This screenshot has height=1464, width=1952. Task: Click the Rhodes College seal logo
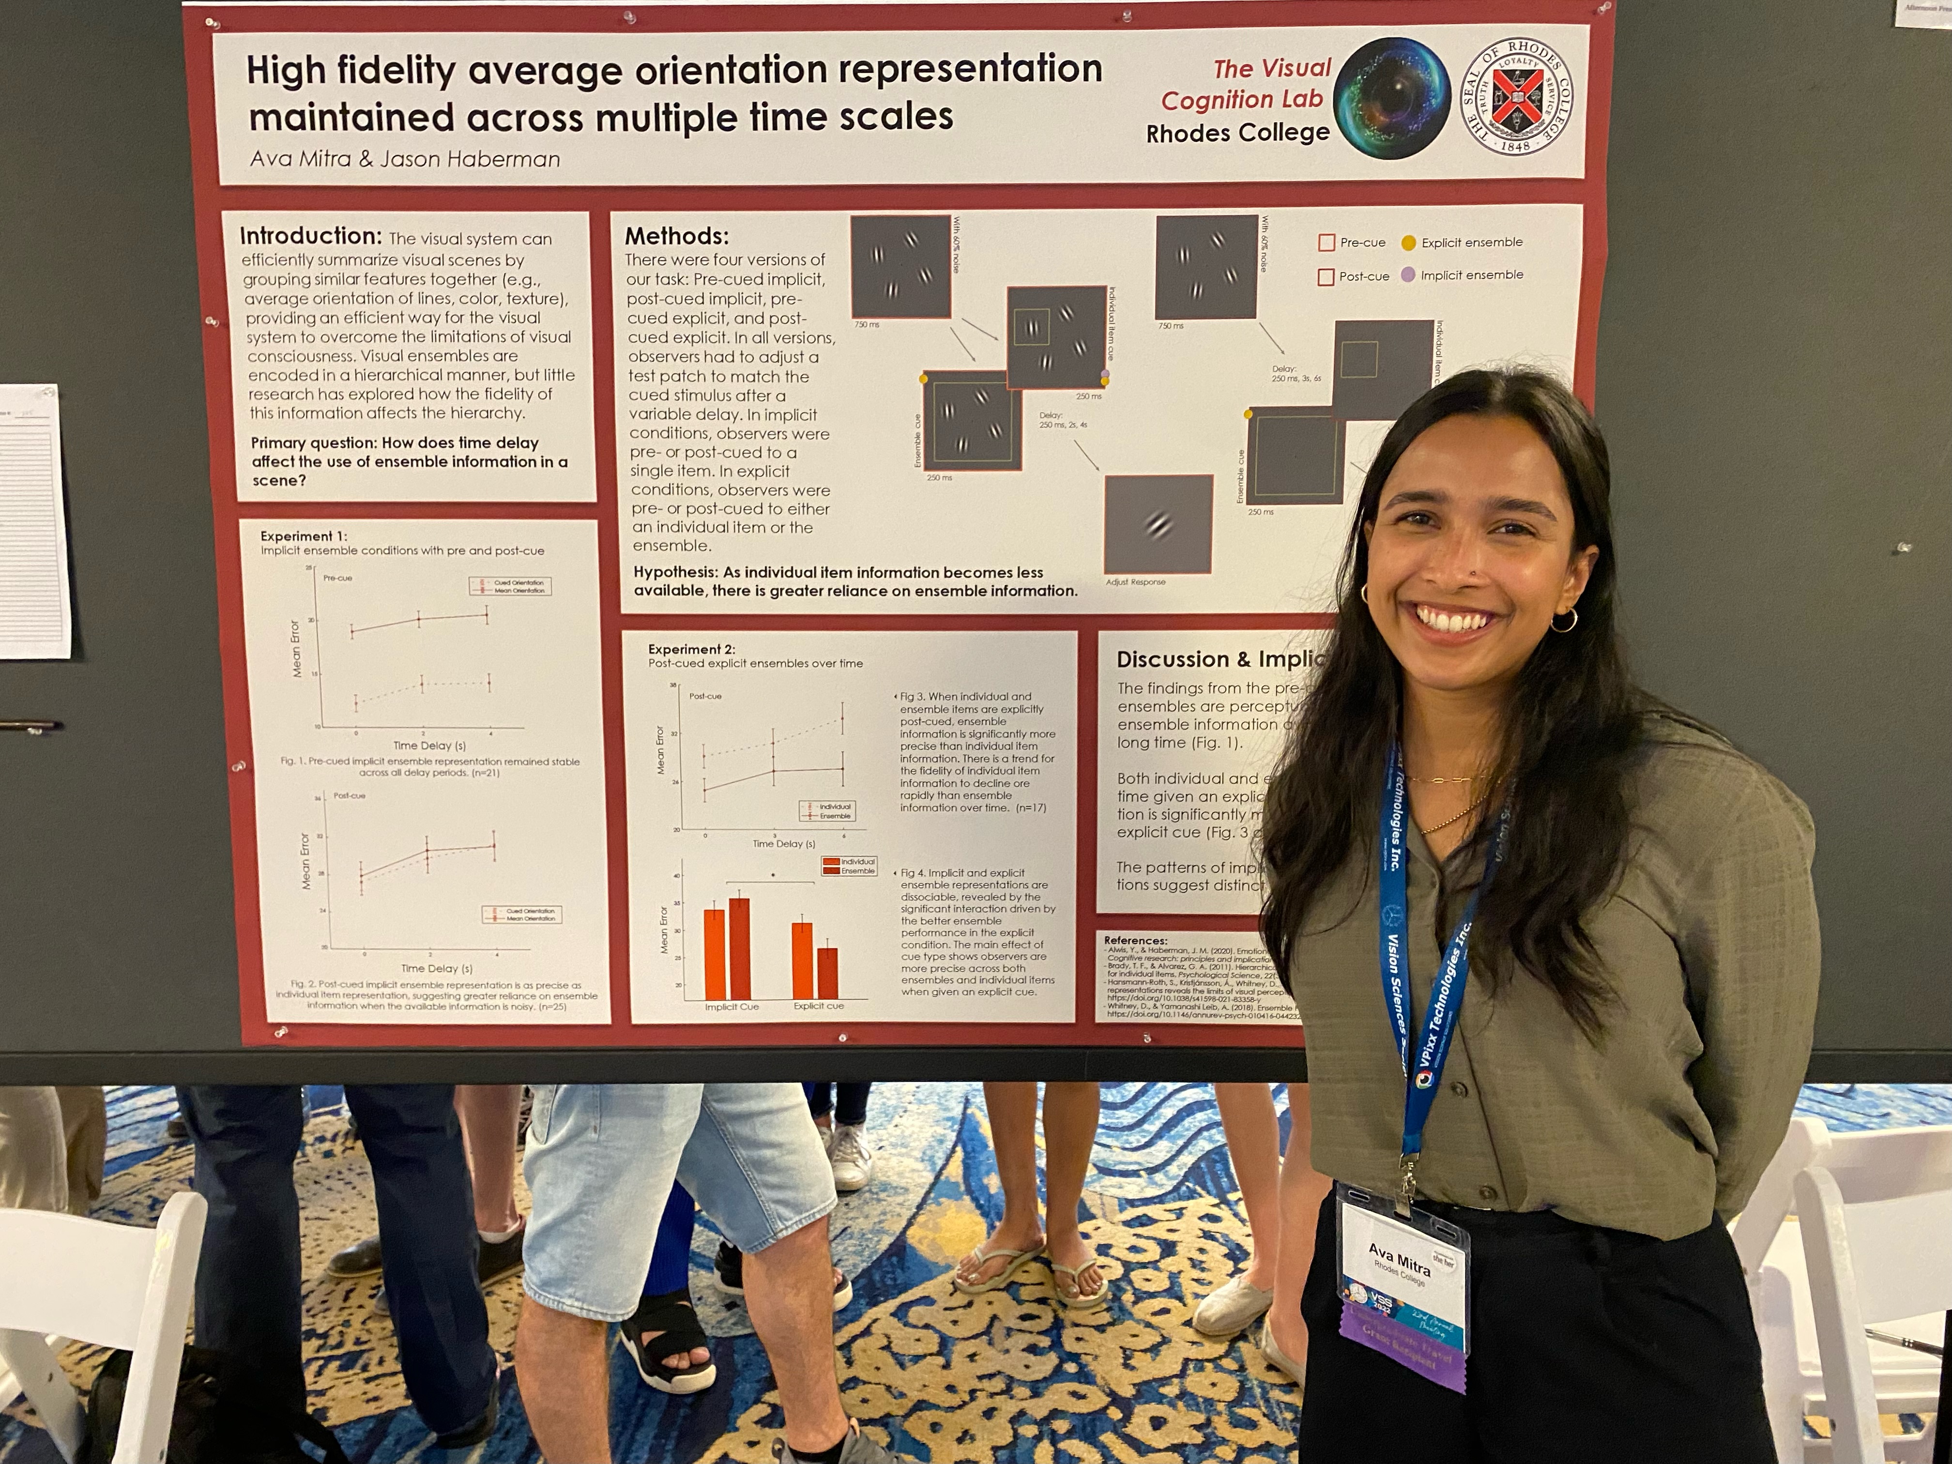pos(1516,96)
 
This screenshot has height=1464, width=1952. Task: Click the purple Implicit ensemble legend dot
pos(1408,274)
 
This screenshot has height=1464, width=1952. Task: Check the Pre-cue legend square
pos(1326,243)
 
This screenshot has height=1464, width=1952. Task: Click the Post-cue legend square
pos(1326,276)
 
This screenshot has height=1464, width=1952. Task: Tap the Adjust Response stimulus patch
pos(1158,524)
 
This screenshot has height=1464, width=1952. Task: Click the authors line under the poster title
pos(405,159)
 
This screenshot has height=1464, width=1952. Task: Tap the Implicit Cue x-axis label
pos(732,1007)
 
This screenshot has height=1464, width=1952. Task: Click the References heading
pos(1135,941)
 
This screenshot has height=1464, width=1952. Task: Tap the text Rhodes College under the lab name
pos(1237,133)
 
